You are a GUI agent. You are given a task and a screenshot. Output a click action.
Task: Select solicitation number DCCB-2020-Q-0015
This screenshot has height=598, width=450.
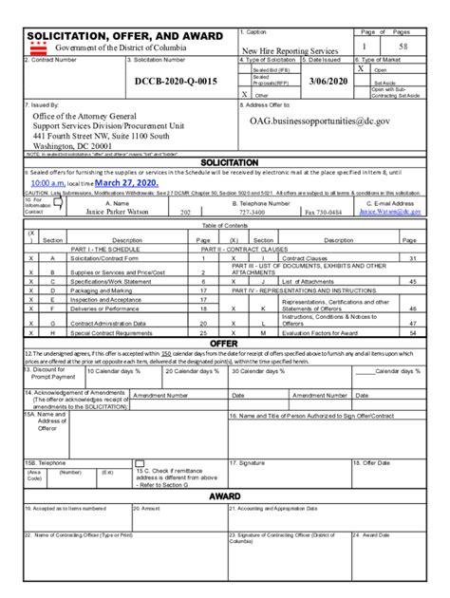point(176,82)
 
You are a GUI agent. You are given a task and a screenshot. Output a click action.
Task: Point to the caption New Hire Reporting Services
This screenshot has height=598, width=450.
point(290,50)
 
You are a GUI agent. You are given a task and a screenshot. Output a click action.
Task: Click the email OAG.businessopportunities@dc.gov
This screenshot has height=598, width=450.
point(321,121)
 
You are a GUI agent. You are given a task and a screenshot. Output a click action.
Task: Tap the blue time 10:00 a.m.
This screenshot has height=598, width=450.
point(46,182)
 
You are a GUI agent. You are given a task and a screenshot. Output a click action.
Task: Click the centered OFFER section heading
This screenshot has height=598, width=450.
point(224,343)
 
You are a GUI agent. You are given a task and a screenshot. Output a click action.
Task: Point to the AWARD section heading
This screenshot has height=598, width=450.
point(224,496)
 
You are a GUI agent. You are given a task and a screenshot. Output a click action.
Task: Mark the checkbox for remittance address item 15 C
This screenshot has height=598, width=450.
point(139,469)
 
